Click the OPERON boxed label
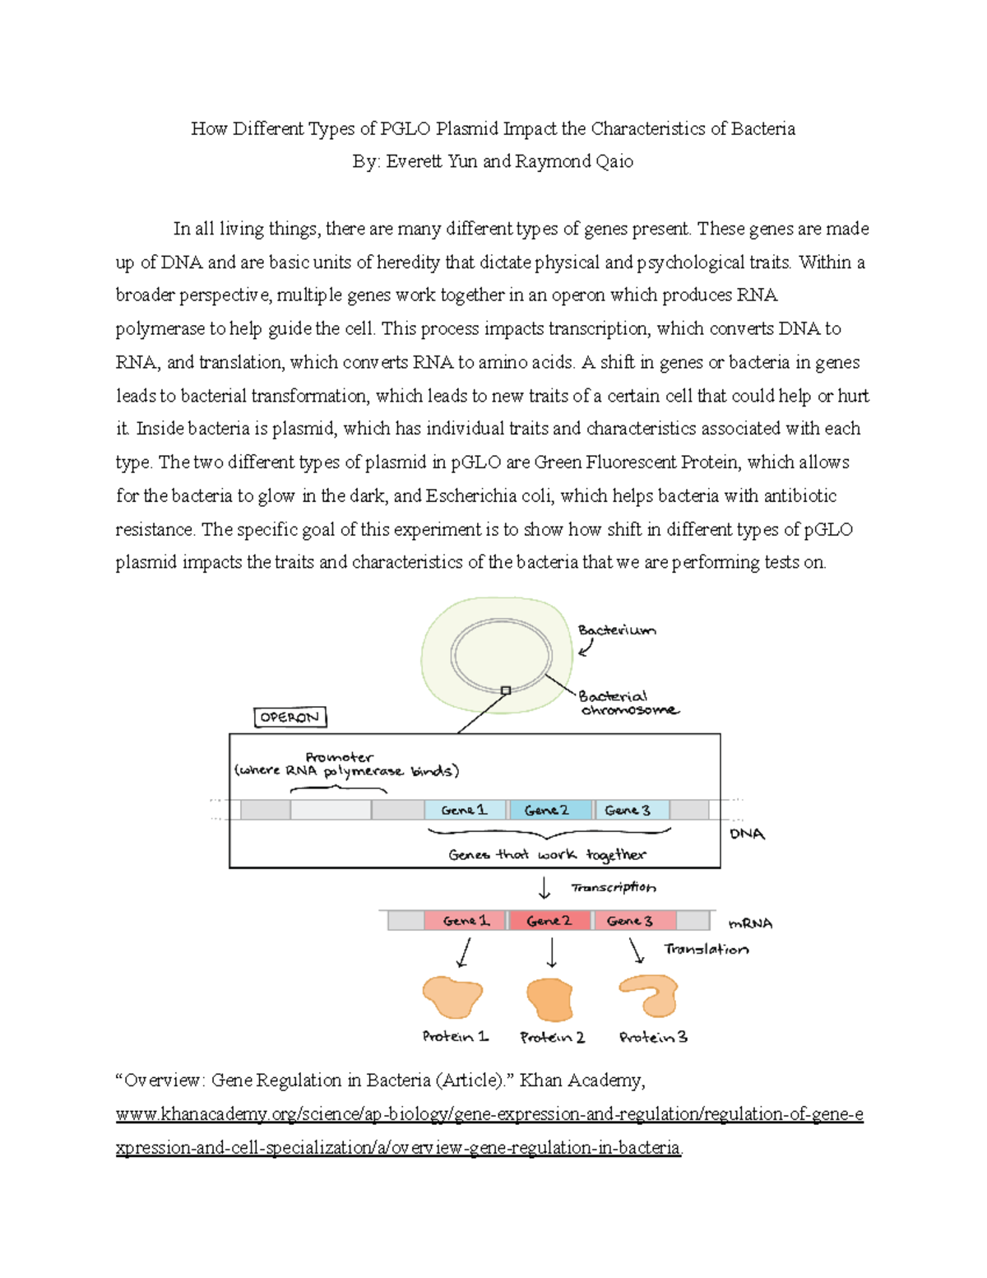290,718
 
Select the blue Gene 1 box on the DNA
465,810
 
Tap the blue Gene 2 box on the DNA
549,810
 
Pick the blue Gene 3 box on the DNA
630,810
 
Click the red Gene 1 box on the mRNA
466,920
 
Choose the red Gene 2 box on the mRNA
549,920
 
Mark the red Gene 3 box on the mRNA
633,920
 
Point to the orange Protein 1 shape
452,997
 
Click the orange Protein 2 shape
549,999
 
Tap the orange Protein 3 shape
650,996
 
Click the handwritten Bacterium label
617,630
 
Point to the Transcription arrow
544,889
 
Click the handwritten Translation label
706,949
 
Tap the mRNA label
750,923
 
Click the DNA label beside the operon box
747,834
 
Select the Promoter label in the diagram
339,757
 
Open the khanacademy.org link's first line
489,1114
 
